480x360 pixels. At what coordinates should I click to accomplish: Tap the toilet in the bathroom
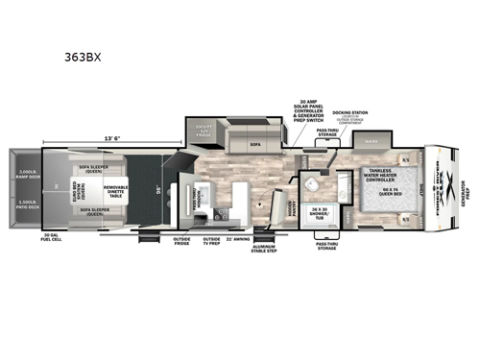[315, 188]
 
